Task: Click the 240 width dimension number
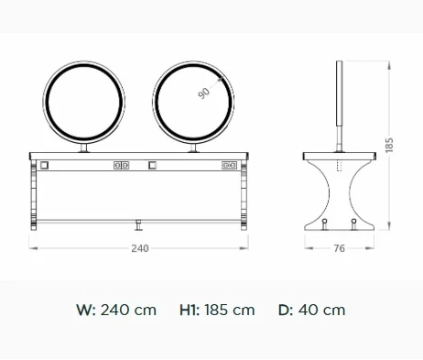(140, 248)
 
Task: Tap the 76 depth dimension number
(339, 248)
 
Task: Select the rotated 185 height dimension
(389, 146)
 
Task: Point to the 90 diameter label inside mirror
(204, 93)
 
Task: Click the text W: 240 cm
(116, 310)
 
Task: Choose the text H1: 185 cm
(217, 310)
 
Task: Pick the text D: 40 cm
(311, 310)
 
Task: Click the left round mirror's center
(83, 102)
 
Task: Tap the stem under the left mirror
(84, 147)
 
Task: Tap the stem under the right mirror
(193, 147)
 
